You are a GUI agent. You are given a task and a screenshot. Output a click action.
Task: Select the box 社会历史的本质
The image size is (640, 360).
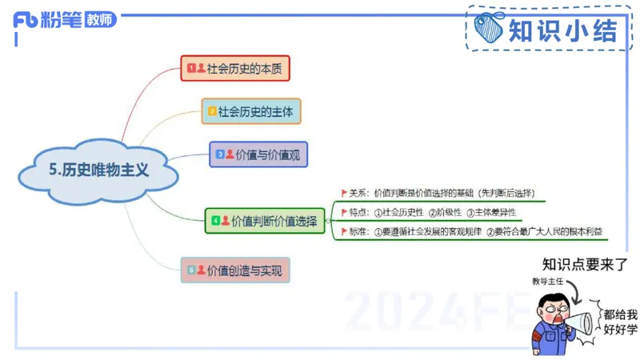tap(234, 69)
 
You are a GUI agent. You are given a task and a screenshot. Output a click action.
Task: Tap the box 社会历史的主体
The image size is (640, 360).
tap(251, 111)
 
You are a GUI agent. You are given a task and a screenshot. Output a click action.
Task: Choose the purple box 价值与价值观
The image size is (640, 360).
tap(258, 154)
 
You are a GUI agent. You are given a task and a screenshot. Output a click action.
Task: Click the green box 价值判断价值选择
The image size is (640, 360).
tap(265, 220)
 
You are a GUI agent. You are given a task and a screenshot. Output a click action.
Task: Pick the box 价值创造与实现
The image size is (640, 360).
tap(235, 270)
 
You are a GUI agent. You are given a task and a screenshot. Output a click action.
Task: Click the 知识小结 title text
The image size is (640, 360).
tap(563, 30)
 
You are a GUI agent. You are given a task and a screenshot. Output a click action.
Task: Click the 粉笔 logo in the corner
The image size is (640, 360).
tap(47, 19)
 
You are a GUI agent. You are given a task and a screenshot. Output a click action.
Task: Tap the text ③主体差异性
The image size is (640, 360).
tap(491, 212)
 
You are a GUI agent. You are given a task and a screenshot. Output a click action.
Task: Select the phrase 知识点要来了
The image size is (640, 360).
tap(585, 264)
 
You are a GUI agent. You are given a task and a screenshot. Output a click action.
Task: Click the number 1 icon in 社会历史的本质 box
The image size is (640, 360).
tap(191, 69)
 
